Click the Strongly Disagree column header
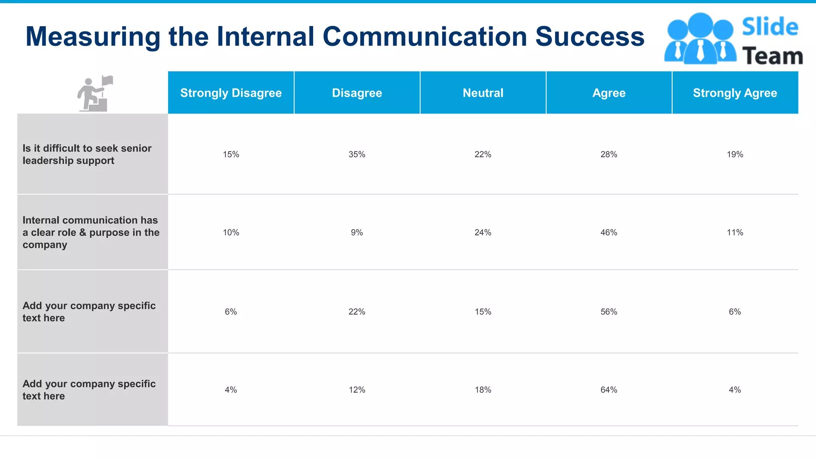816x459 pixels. click(231, 93)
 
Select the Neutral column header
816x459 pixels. click(483, 93)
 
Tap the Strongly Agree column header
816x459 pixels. click(735, 93)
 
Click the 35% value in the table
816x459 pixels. click(357, 155)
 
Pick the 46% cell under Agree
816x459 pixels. click(608, 233)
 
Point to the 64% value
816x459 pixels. click(608, 390)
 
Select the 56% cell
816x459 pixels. click(608, 312)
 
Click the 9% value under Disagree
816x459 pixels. click(357, 233)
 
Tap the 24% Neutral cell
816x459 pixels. click(483, 233)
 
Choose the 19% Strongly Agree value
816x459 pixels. click(735, 155)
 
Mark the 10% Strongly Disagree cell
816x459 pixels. click(231, 233)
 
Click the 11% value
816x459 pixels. click(735, 233)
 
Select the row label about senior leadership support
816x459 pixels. click(87, 155)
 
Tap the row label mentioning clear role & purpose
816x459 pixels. click(91, 233)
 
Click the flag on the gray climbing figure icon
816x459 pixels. click(108, 80)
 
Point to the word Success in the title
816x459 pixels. click(589, 37)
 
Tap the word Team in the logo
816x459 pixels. click(772, 56)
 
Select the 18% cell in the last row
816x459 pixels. click(483, 390)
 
